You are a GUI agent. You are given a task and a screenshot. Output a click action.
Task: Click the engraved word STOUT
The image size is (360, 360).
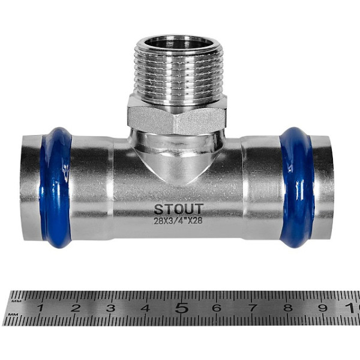178,209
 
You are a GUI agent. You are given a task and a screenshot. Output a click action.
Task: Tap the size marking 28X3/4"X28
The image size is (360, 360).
178,221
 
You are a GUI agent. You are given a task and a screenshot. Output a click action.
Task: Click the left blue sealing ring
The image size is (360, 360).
56,188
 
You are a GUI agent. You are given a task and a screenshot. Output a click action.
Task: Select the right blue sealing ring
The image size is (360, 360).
296,188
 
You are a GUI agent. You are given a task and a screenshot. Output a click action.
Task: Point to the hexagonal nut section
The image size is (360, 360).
177,115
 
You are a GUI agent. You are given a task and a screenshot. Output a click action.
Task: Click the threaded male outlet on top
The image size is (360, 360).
178,69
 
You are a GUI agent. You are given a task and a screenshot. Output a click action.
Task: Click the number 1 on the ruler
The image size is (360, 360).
40,308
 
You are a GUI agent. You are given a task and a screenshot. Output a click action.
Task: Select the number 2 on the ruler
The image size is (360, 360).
76,308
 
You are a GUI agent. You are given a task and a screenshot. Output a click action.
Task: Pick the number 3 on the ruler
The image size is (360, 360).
110,308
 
